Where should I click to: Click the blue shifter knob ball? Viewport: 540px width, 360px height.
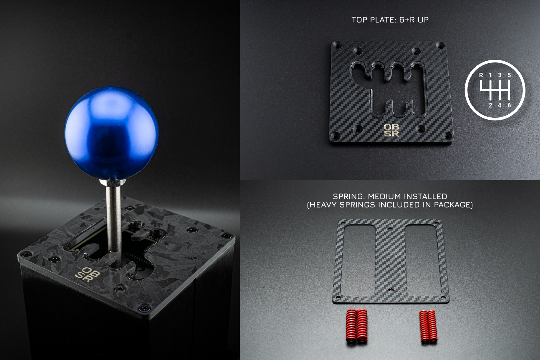pyautogui.click(x=112, y=133)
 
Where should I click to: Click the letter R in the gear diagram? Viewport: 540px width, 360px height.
pyautogui.click(x=481, y=75)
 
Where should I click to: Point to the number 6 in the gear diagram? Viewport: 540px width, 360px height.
pyautogui.click(x=509, y=105)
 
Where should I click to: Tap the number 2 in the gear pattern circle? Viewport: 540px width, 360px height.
pyautogui.click(x=490, y=105)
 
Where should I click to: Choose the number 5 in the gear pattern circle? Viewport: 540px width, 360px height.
pyautogui.click(x=509, y=75)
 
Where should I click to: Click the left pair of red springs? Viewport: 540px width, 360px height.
pyautogui.click(x=357, y=326)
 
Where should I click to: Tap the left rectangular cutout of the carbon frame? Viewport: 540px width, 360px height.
pyautogui.click(x=358, y=260)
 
